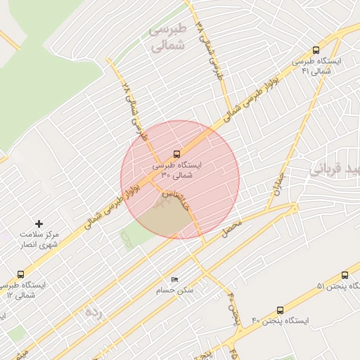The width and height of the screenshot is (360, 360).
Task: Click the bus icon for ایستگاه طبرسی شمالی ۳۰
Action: pos(176,154)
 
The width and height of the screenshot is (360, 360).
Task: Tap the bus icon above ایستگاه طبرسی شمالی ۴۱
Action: pos(316,51)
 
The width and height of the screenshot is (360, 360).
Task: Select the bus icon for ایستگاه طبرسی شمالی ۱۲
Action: pos(20,274)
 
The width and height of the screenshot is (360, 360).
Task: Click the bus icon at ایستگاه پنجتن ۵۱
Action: pos(345,276)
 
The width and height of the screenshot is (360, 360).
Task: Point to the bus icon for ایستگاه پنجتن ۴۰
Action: pos(281,310)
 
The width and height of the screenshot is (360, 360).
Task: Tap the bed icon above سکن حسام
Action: pos(175,279)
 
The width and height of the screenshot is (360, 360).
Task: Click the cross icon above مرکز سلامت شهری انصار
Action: pos(39,223)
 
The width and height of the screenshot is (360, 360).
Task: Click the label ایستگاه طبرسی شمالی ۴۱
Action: pos(321,66)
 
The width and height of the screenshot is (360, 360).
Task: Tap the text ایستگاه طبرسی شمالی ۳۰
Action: pos(176,170)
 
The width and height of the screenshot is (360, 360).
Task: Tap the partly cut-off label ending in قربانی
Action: pos(335,169)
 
